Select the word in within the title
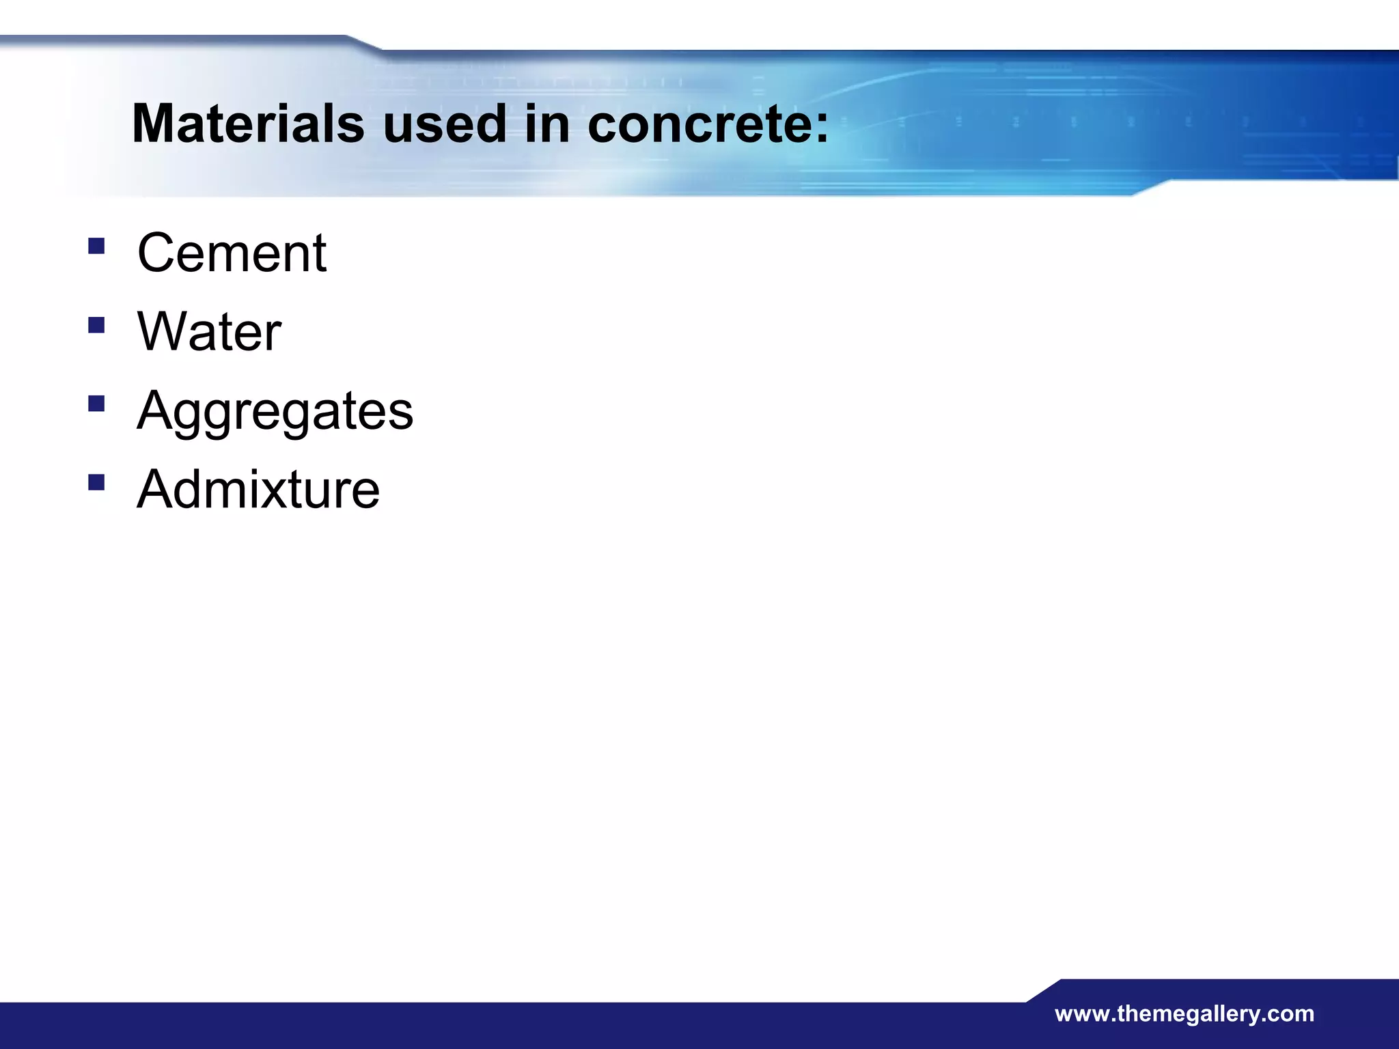tap(546, 124)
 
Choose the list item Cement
tap(232, 253)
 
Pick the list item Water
tap(209, 332)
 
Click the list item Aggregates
tap(275, 411)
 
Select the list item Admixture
tap(258, 490)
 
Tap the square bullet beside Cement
tap(96, 246)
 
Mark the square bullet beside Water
tap(96, 325)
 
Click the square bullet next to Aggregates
tap(96, 404)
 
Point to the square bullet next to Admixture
tap(96, 483)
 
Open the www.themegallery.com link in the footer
tap(1184, 1013)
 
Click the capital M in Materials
tap(157, 124)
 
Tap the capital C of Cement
tap(156, 253)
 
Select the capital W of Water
tap(164, 332)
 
